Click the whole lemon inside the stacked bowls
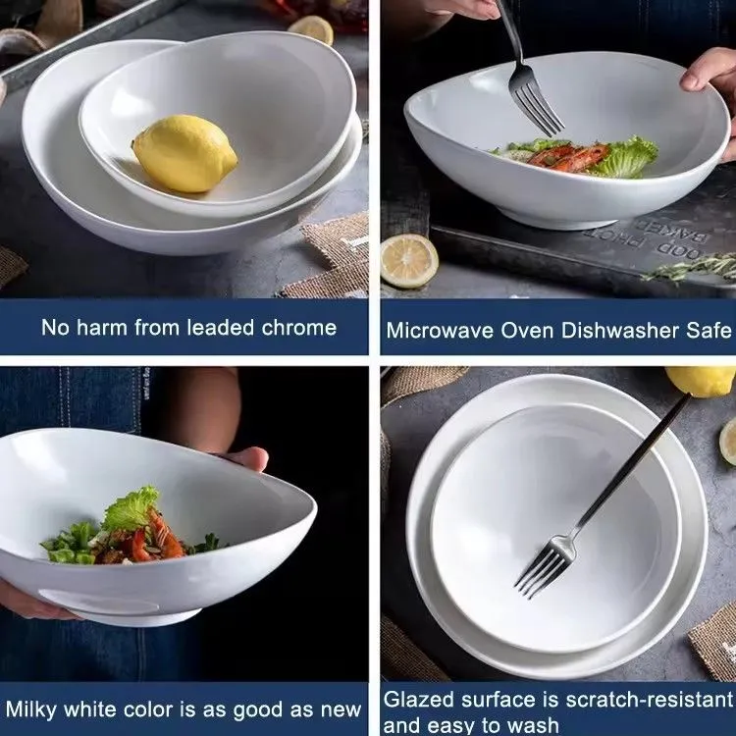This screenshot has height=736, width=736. [184, 153]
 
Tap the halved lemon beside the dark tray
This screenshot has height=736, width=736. [408, 260]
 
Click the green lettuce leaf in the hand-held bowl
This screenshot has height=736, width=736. [131, 509]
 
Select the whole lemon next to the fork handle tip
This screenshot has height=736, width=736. [699, 381]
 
